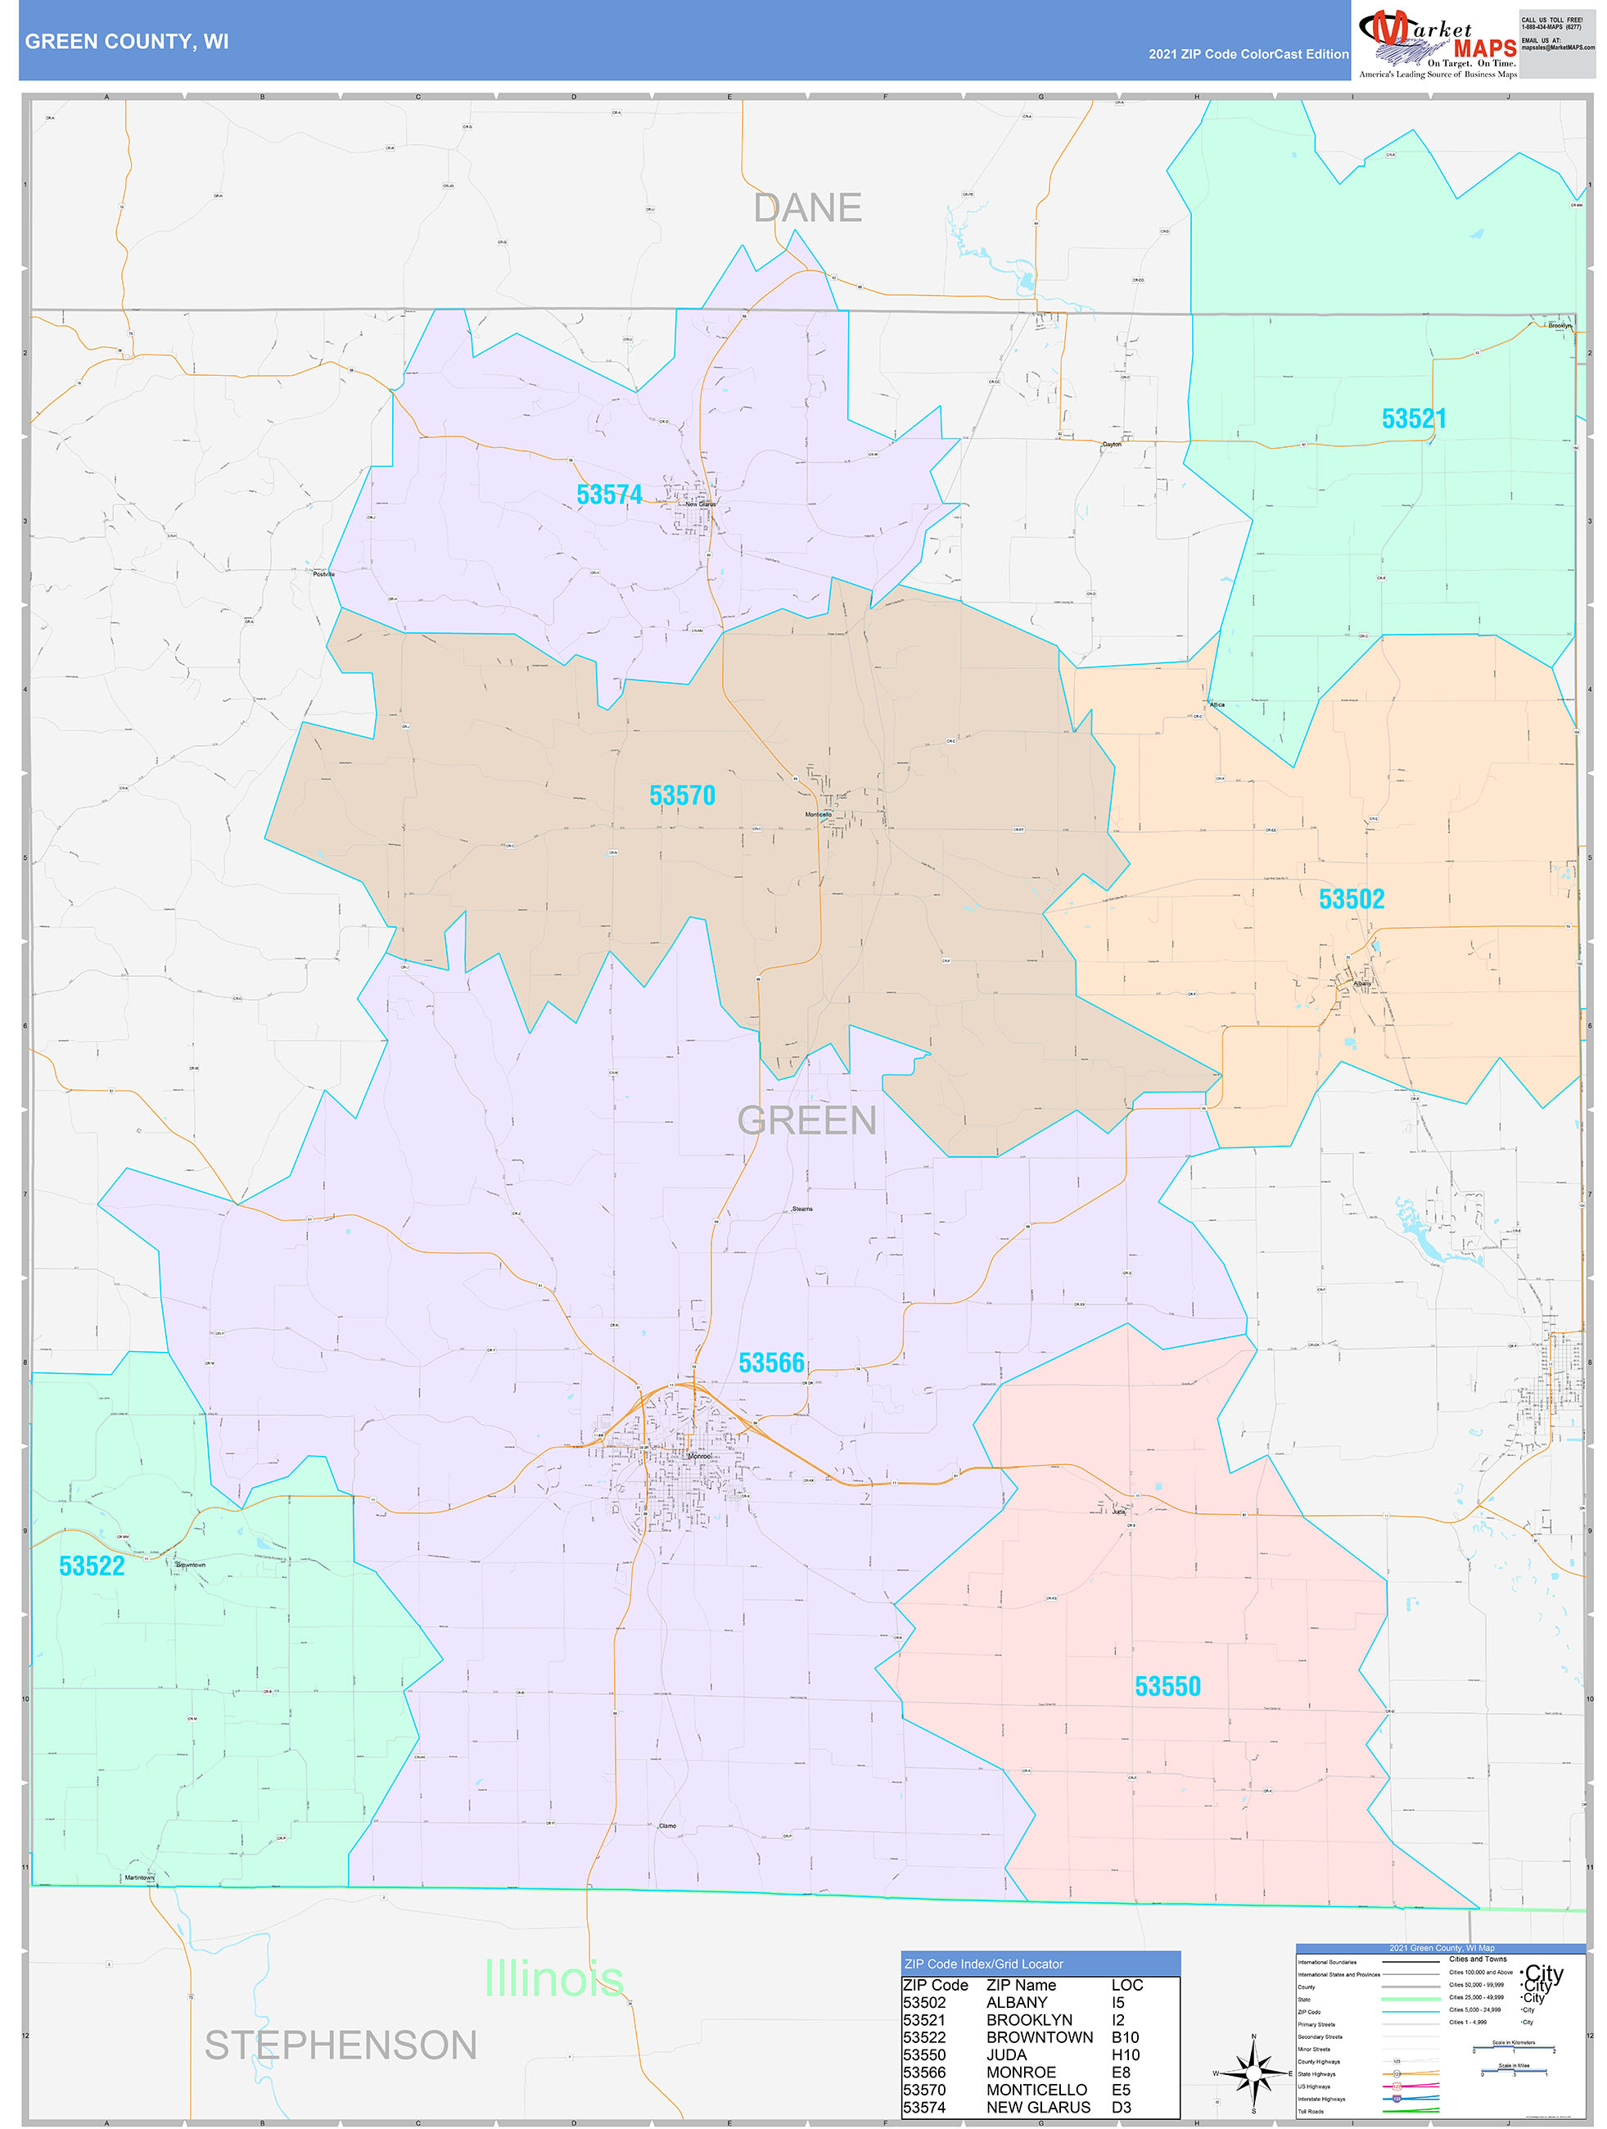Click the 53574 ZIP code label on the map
point(608,495)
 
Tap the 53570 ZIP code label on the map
point(681,796)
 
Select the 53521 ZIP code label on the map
point(1413,418)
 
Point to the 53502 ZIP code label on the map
point(1351,899)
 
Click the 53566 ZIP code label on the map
point(771,1363)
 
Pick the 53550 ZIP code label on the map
point(1167,1686)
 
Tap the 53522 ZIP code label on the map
point(92,1566)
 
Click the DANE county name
point(807,208)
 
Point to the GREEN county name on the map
point(806,1120)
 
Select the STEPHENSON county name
point(341,2045)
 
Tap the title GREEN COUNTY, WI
point(127,42)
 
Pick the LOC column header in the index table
point(1126,1985)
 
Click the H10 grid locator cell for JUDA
point(1125,2054)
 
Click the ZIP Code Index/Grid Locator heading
point(983,1964)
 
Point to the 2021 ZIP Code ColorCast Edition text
point(1248,54)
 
